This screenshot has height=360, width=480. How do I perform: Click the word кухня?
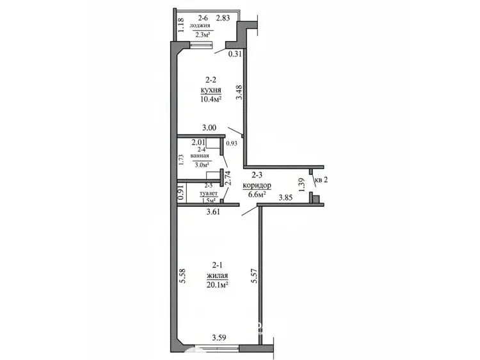click(211, 91)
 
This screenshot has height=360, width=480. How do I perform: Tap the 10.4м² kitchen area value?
click(211, 99)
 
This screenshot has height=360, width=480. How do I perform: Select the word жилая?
click(218, 275)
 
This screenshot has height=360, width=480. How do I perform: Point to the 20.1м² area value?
click(218, 285)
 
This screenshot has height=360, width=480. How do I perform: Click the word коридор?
click(257, 185)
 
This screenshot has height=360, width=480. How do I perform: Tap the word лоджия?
click(200, 26)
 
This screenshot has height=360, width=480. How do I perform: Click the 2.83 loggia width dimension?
click(223, 18)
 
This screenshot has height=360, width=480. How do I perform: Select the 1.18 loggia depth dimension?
click(181, 26)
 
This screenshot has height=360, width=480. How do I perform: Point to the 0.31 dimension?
click(236, 54)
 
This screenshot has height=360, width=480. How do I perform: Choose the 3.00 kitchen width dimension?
click(209, 127)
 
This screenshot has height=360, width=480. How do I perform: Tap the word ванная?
click(200, 156)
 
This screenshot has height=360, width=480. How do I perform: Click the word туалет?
click(209, 193)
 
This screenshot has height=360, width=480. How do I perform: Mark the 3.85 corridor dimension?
click(285, 198)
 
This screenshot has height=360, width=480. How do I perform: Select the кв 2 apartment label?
click(321, 180)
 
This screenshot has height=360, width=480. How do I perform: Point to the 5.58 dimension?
click(183, 276)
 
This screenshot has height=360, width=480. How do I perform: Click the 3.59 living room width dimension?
click(219, 338)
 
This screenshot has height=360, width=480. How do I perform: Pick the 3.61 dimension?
click(213, 211)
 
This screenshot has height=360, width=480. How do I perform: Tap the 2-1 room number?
click(217, 265)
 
